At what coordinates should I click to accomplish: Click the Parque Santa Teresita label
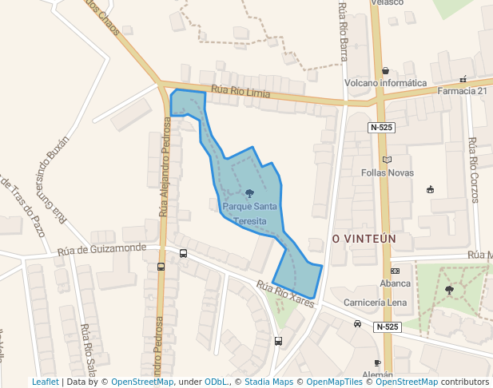point(250,213)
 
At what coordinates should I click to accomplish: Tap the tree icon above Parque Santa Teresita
point(250,193)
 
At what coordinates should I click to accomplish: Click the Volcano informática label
point(385,83)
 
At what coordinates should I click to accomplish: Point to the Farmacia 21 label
point(463,91)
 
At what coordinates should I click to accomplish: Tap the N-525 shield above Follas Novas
point(382,128)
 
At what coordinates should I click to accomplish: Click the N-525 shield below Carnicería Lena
point(386,327)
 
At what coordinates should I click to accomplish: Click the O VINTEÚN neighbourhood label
point(364,239)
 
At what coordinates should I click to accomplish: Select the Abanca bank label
point(395,283)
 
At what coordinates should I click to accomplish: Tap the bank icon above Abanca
point(395,271)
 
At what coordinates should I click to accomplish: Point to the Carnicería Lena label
point(375,303)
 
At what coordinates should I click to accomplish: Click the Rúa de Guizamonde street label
point(101,250)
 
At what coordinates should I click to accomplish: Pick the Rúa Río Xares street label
point(286,293)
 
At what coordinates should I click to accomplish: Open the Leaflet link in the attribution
point(45,382)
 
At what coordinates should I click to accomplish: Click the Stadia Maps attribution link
point(268,382)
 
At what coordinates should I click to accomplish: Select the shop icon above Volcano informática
point(386,70)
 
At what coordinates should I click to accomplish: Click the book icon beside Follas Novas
point(388,160)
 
